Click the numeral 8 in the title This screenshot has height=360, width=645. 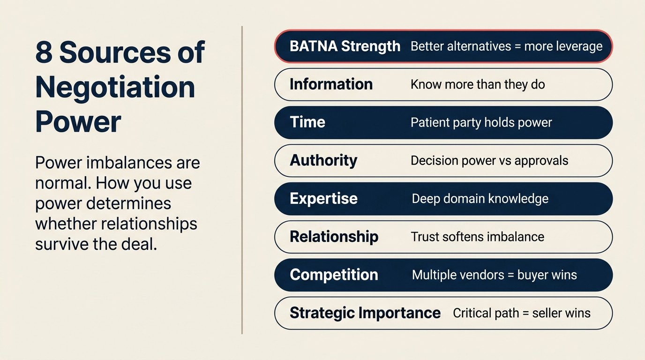(x=44, y=52)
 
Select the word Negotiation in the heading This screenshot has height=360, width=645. (x=115, y=87)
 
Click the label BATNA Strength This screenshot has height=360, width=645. (x=345, y=46)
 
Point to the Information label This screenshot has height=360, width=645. (x=331, y=84)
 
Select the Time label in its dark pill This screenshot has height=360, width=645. (x=307, y=122)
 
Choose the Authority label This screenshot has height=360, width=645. (x=323, y=160)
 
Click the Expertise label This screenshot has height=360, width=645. (x=323, y=198)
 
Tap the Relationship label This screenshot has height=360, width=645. (x=334, y=236)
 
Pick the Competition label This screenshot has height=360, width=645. (x=334, y=274)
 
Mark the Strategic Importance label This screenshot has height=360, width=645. (x=365, y=313)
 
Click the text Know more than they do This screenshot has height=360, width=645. (x=478, y=84)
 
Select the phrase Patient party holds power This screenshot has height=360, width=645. (x=481, y=122)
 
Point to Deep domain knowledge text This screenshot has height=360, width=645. (x=480, y=198)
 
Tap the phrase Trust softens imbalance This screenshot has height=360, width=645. (x=477, y=236)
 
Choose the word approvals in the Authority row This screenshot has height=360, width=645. (x=541, y=161)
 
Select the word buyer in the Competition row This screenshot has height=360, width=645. (x=533, y=275)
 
